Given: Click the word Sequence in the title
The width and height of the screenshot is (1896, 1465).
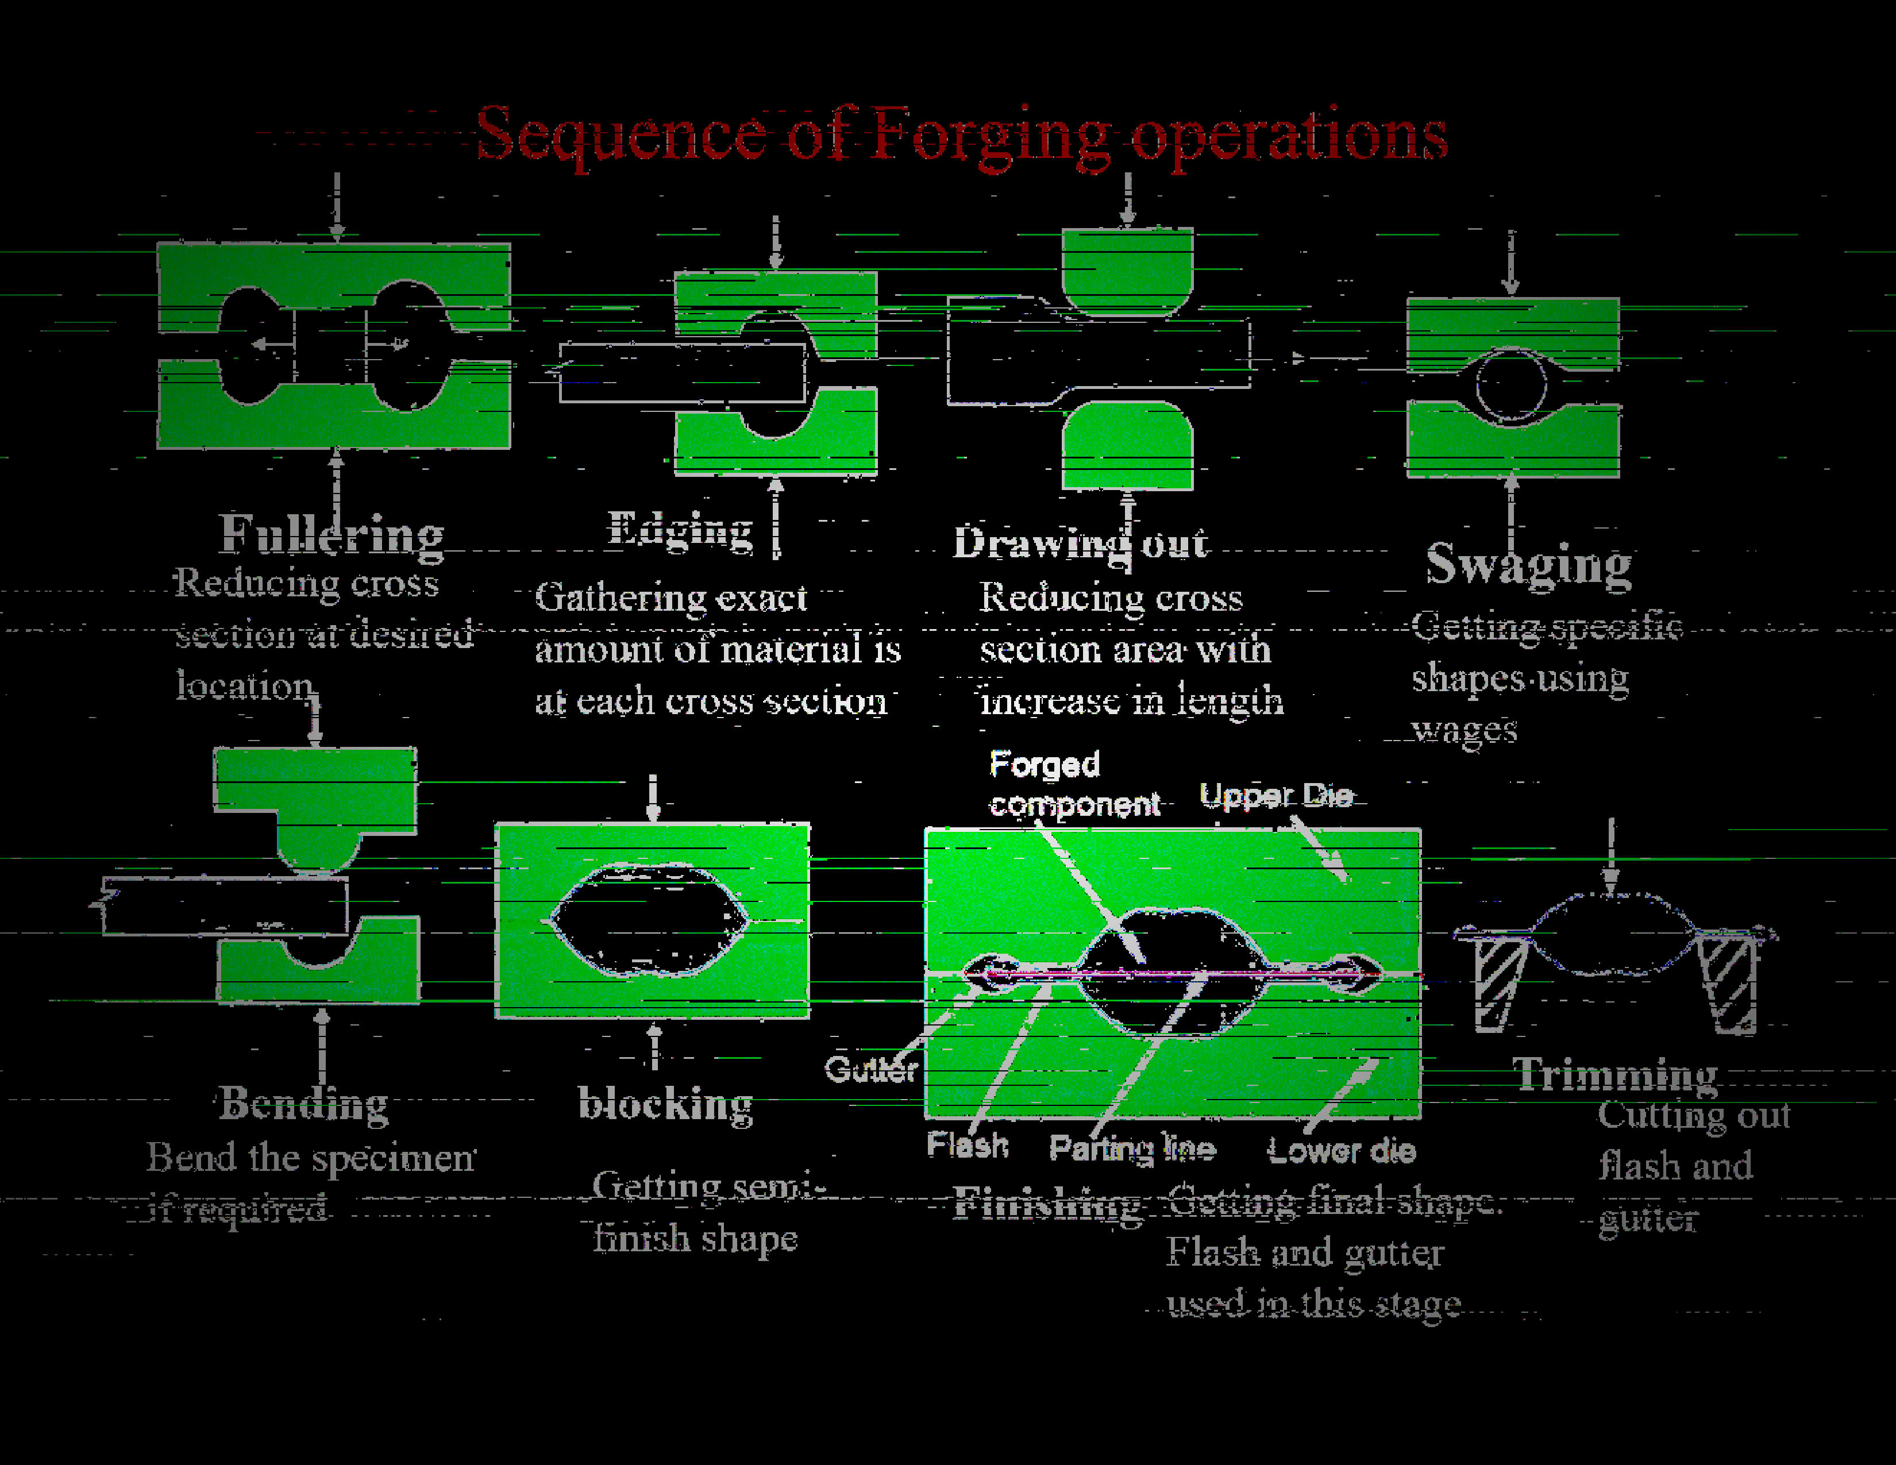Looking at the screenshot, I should point(620,134).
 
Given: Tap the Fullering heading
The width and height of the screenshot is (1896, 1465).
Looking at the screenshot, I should point(332,534).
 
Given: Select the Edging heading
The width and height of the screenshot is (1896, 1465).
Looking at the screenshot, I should point(680,530).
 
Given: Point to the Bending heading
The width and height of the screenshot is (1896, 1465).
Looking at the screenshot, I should point(303,1104).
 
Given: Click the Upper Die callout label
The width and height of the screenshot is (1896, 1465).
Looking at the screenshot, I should point(1275,795).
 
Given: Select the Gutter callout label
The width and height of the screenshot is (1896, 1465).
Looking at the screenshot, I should point(870,1069).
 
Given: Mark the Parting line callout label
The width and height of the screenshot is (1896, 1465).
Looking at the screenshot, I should point(1132,1149).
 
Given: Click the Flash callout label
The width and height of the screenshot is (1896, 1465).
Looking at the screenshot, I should point(967,1146).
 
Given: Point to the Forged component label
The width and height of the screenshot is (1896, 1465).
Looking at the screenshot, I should point(1073,784).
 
